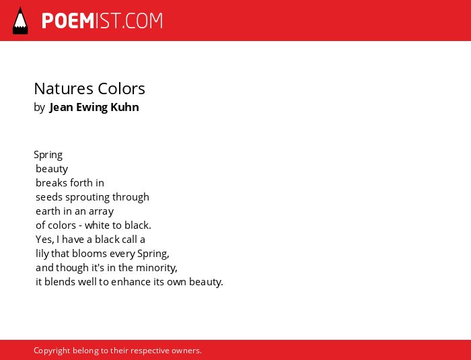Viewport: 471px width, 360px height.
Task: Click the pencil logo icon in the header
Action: (x=20, y=21)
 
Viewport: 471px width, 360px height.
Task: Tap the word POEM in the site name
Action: (x=68, y=21)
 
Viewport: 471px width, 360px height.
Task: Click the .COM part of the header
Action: (x=142, y=21)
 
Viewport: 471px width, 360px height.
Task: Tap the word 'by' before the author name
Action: (x=39, y=108)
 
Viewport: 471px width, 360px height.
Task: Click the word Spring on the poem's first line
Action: (x=48, y=155)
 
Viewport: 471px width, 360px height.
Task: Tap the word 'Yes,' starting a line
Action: (x=45, y=240)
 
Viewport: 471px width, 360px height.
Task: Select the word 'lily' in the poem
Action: (x=42, y=254)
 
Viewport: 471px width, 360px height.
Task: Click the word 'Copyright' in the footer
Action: (x=52, y=351)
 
